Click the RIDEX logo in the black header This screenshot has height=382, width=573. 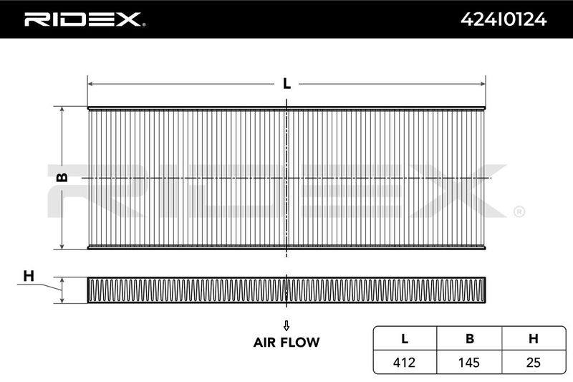[84, 19]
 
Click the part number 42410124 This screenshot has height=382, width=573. [504, 19]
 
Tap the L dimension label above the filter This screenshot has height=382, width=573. [287, 84]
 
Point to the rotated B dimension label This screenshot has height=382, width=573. [62, 177]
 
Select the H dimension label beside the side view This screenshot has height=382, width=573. [29, 276]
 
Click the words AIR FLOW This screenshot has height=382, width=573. [286, 343]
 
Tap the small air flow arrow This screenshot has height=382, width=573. [286, 325]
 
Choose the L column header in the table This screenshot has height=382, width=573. [405, 339]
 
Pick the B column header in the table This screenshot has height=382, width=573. [470, 339]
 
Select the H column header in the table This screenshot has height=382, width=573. [534, 339]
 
